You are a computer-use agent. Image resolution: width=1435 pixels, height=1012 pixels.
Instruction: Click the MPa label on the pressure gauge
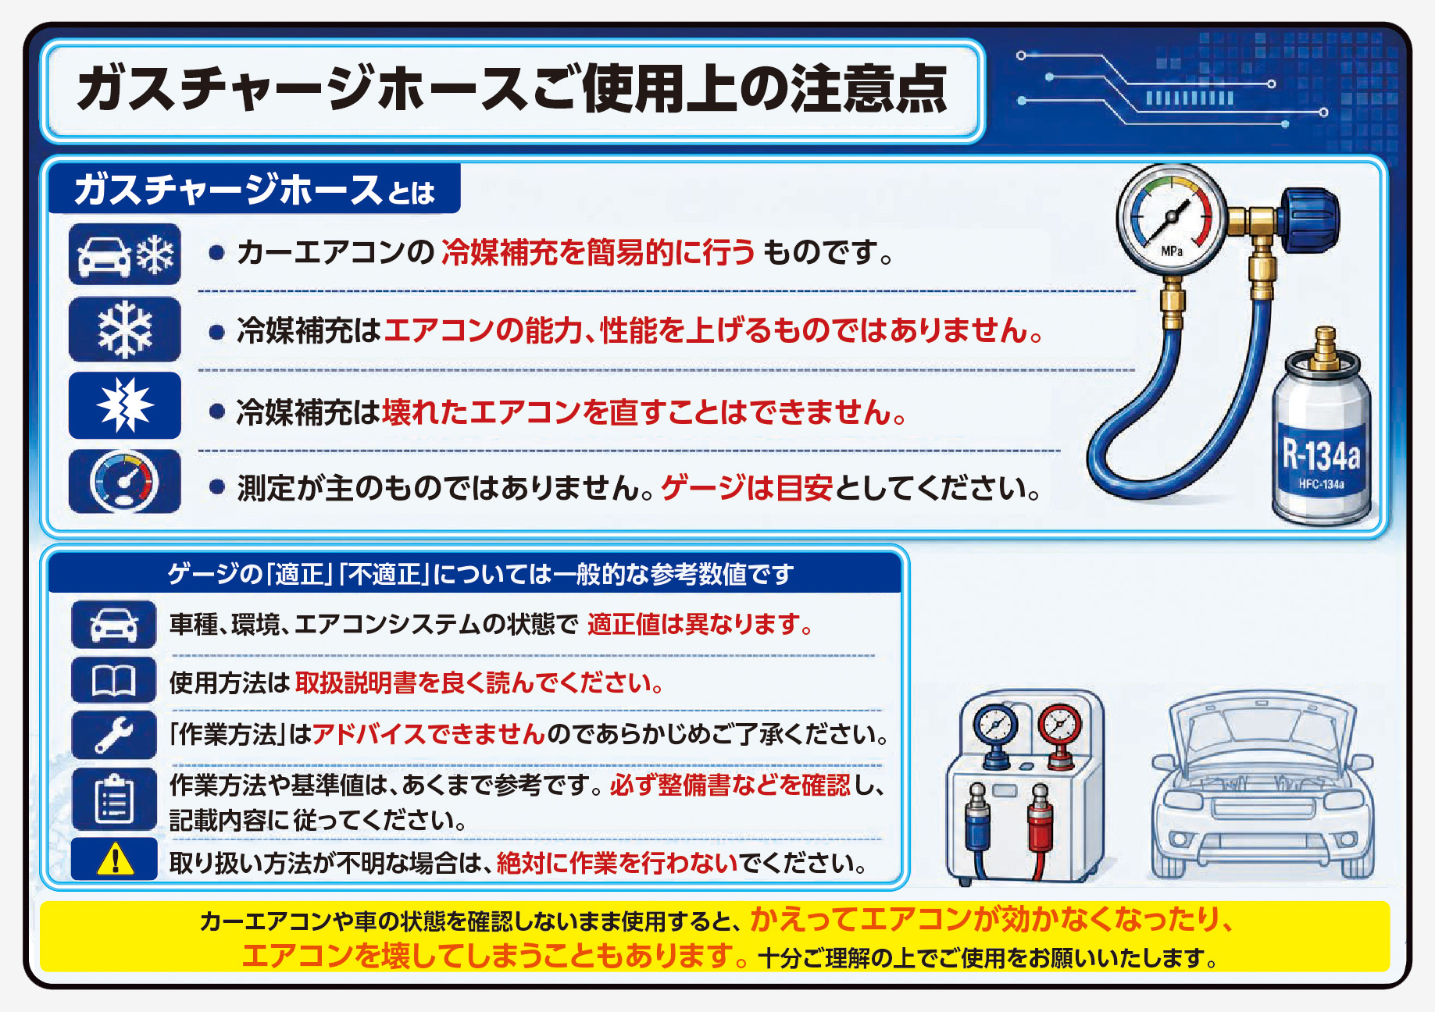[1172, 251]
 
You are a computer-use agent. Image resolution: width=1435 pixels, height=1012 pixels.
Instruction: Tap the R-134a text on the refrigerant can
[1321, 454]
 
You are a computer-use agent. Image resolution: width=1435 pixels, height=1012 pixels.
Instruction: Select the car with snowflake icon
[125, 255]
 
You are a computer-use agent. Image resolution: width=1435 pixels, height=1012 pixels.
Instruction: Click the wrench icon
[114, 735]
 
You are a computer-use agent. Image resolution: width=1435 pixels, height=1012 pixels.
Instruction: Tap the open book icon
[114, 681]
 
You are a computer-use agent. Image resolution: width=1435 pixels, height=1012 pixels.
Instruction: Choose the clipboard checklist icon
[114, 800]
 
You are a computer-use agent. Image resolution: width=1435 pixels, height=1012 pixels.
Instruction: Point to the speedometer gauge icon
[125, 481]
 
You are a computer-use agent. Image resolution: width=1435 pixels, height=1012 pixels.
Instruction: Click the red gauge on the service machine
[1059, 725]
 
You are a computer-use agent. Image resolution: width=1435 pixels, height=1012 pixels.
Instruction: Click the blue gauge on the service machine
[995, 725]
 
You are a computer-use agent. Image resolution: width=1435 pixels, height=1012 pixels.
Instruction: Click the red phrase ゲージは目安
[747, 489]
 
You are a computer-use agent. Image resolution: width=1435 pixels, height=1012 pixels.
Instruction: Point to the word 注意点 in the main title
[869, 89]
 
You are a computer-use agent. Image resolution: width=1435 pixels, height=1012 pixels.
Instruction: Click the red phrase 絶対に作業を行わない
[617, 864]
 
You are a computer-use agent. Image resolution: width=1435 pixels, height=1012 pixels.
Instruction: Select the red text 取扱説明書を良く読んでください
[479, 683]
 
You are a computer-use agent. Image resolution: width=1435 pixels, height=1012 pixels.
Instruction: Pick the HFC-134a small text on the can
[1321, 485]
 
